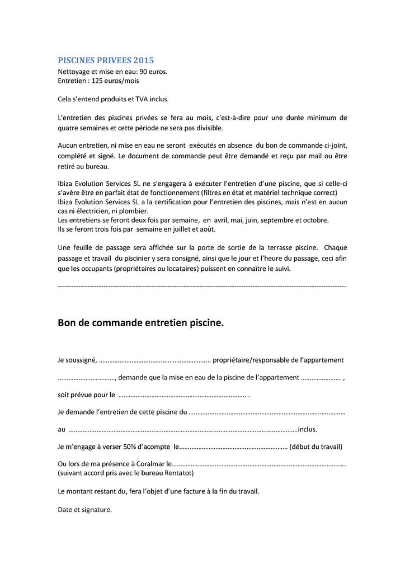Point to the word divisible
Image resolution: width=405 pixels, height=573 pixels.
(x=206, y=127)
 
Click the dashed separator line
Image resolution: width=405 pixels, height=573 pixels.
(x=202, y=286)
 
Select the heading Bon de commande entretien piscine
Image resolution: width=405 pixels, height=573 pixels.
(x=140, y=323)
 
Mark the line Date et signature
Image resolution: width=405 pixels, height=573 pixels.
(x=85, y=510)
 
